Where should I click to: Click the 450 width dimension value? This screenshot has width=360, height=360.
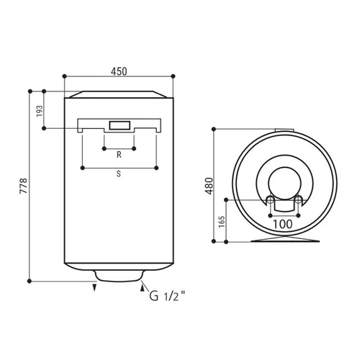click(119, 71)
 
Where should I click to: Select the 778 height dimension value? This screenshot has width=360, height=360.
click(24, 186)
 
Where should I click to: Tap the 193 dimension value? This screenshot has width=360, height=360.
click(40, 111)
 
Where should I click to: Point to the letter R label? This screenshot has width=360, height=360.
click(119, 155)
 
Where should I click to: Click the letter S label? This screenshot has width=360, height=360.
click(119, 174)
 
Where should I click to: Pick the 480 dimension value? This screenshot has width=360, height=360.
click(209, 186)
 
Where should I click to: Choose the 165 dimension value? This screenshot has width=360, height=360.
click(222, 222)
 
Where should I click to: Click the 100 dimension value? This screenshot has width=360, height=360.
click(283, 224)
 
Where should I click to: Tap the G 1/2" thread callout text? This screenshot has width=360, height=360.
click(167, 296)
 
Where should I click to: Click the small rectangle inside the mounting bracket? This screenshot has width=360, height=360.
click(120, 125)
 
